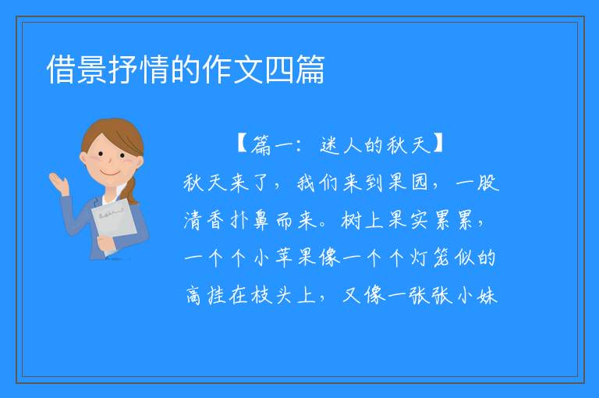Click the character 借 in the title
(x=61, y=69)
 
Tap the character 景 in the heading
(x=92, y=69)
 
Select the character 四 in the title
(x=279, y=69)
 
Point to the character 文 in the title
(x=248, y=69)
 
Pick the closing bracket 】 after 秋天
(x=438, y=144)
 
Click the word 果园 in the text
(x=408, y=183)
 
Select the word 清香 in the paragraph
(x=204, y=220)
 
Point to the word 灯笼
(x=431, y=258)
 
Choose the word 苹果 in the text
(x=296, y=258)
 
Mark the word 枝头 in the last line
(x=271, y=296)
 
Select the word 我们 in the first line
(x=317, y=183)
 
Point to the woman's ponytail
(x=130, y=190)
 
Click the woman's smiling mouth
(x=109, y=172)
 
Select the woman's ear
(x=83, y=158)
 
